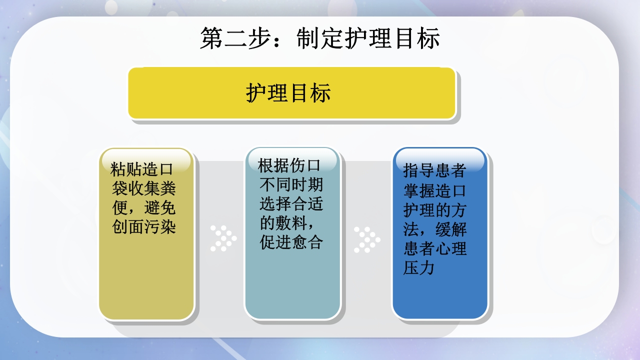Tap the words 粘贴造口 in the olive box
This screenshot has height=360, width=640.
pos(141,169)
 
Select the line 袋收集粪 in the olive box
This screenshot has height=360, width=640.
pos(144,188)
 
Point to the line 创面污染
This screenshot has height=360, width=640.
pos(144,227)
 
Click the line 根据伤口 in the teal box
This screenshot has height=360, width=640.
pos(289,165)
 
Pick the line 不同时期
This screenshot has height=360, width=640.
pos(291,184)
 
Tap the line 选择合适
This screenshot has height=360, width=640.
pos(291,204)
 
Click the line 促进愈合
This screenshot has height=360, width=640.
pos(291,242)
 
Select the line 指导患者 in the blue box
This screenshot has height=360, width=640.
pos(434,170)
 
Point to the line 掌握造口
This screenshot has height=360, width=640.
pos(434,190)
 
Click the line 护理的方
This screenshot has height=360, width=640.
pos(434,209)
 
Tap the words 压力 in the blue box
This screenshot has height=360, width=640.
pos(418,267)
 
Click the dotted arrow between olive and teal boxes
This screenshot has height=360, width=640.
pos(223,238)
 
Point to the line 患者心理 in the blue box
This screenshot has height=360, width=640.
pos(434,248)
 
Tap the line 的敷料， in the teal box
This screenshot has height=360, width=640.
pos(288,223)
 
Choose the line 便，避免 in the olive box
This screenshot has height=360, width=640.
pos(144,207)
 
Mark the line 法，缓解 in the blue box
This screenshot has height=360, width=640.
pos(434,229)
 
